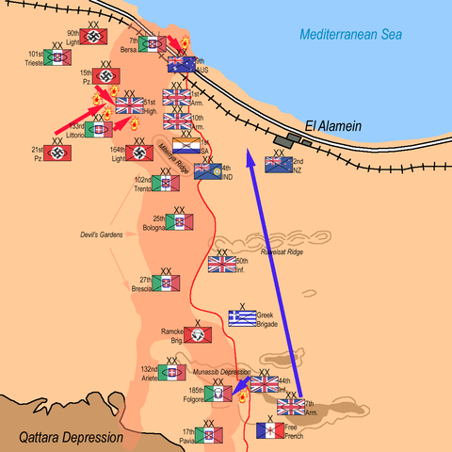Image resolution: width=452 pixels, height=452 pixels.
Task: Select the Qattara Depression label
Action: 71,437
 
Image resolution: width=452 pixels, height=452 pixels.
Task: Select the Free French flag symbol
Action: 271,431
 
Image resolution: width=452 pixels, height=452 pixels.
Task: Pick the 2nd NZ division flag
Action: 279,163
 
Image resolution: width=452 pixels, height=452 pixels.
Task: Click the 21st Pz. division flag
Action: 58,153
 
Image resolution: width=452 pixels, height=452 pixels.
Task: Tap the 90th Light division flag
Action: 92,37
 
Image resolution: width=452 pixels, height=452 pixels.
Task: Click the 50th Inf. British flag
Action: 222,265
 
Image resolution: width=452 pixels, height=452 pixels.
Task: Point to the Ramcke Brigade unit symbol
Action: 196,334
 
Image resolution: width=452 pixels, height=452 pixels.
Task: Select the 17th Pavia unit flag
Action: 208,435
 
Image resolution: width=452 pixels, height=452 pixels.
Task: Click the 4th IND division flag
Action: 207,170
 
